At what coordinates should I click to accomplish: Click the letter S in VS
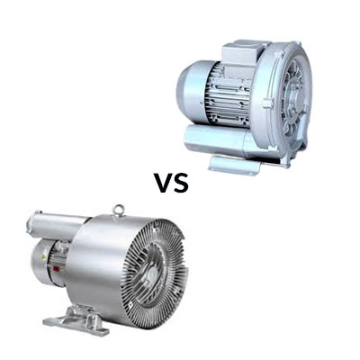click(x=181, y=183)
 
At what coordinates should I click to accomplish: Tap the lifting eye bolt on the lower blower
click(x=118, y=210)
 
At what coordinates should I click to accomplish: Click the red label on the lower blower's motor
click(x=55, y=269)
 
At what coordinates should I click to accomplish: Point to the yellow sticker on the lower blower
click(x=44, y=257)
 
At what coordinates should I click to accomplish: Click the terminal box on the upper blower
click(x=240, y=55)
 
